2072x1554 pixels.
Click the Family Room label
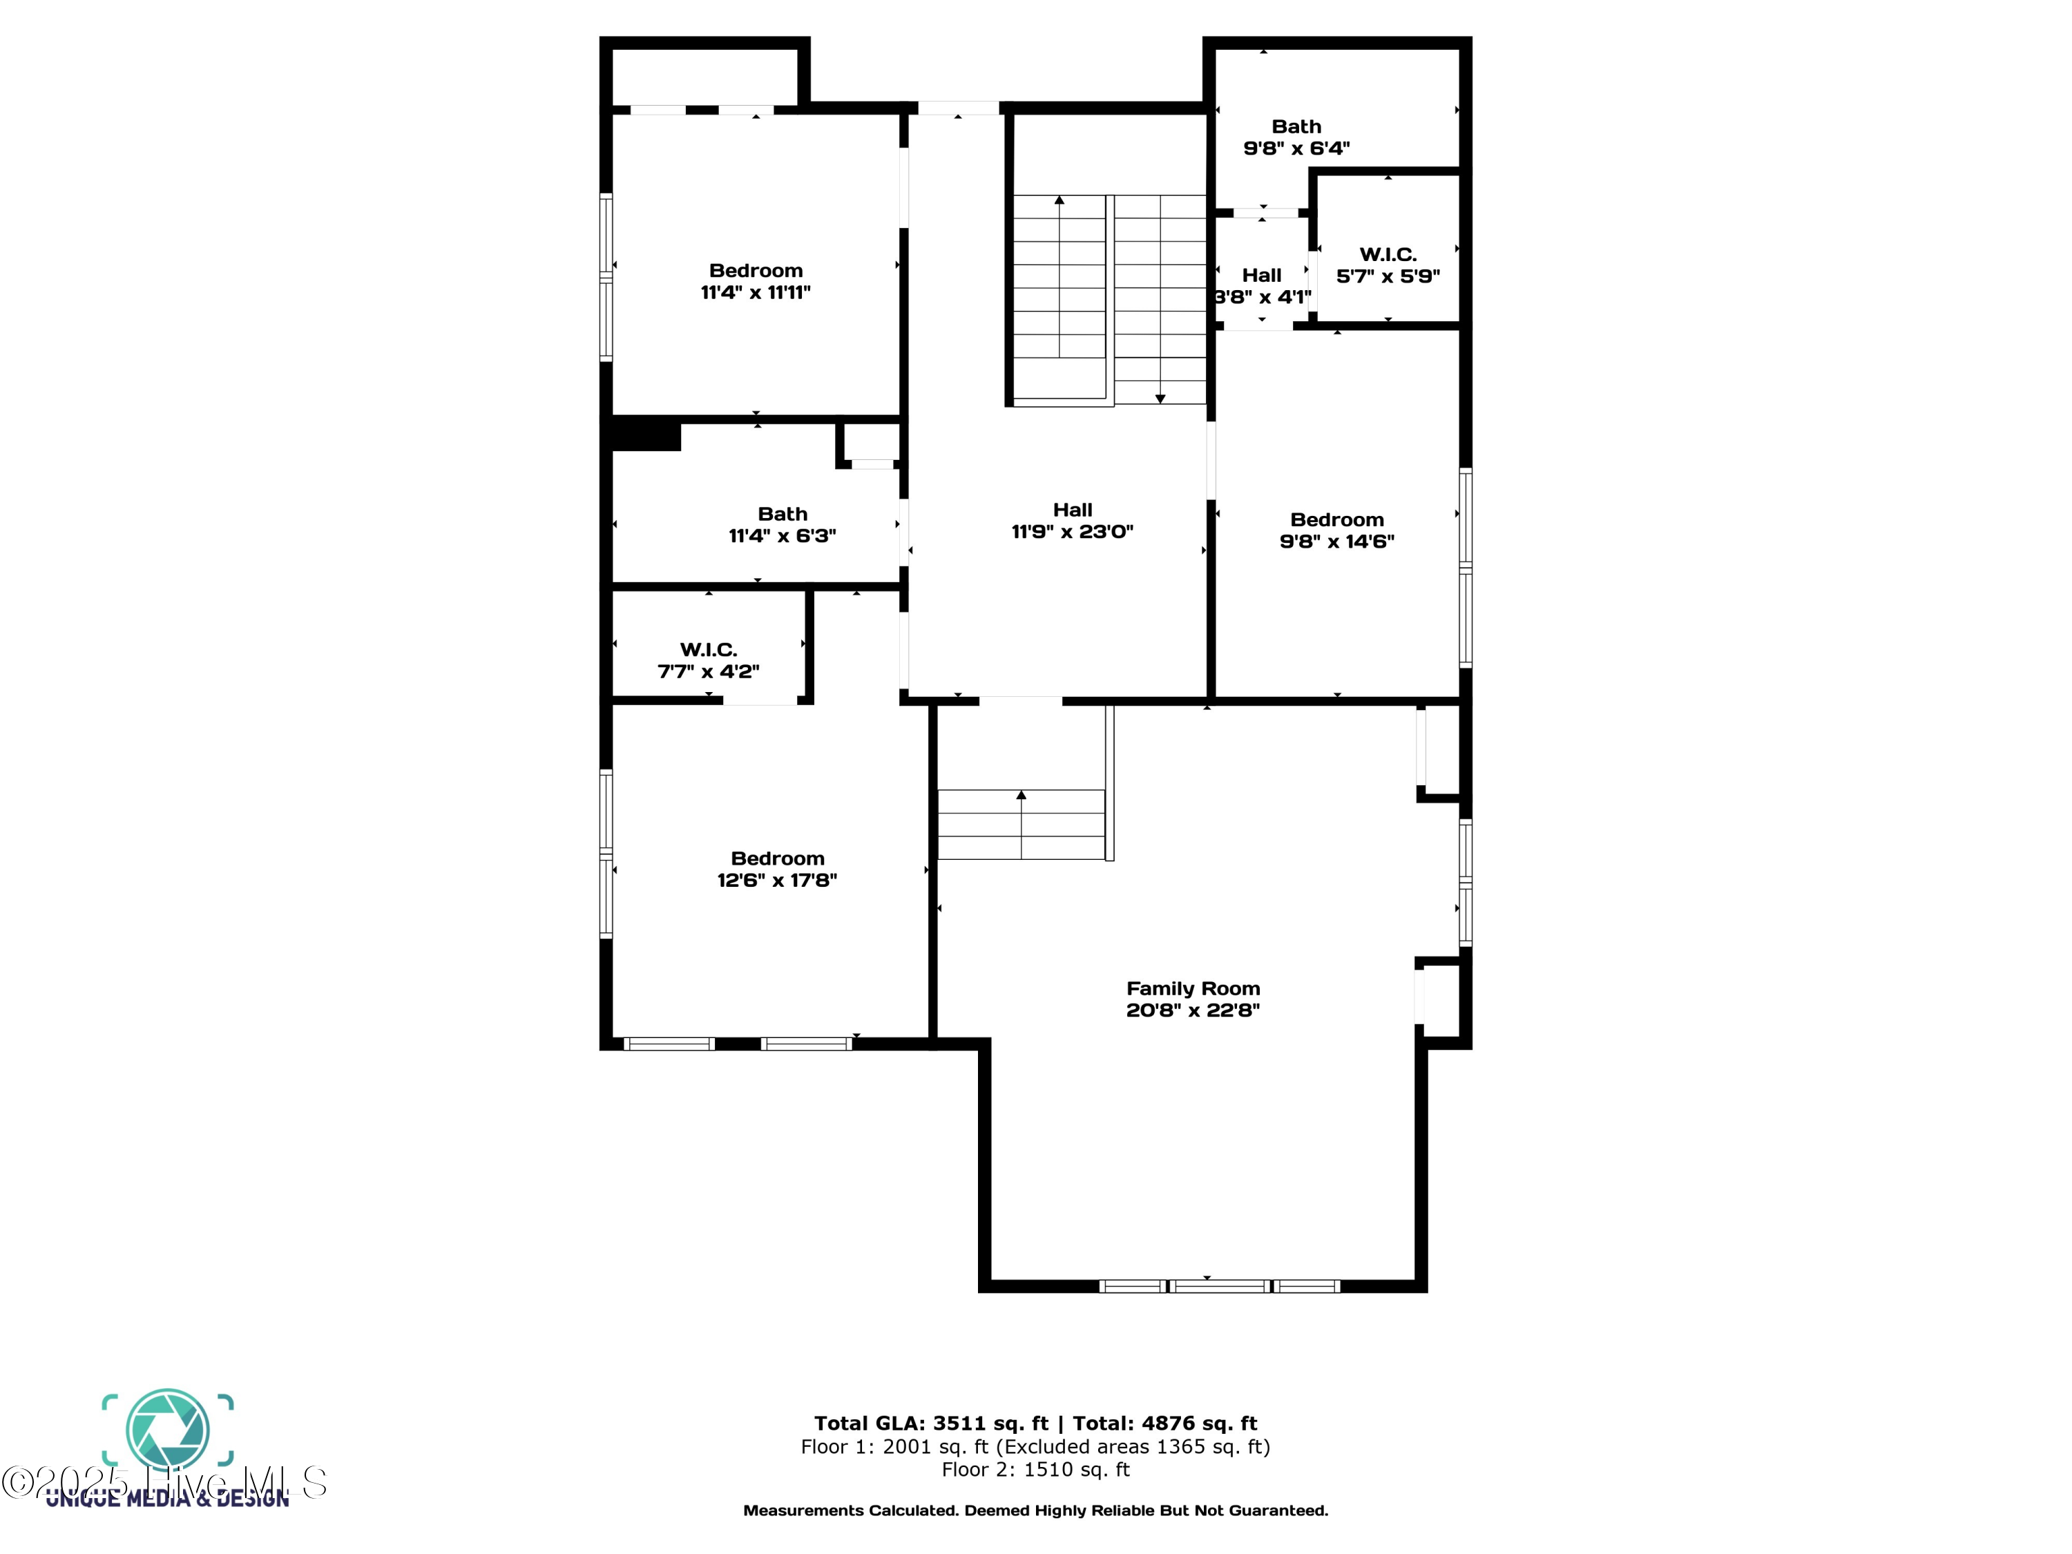point(1192,988)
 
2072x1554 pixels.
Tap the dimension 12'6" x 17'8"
point(776,881)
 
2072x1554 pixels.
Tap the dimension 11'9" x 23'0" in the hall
point(1072,532)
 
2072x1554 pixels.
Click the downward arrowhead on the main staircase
point(1160,399)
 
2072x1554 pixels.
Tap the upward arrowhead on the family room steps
point(1021,795)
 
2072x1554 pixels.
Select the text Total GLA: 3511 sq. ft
point(930,1423)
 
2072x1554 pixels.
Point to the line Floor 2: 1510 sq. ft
point(1035,1470)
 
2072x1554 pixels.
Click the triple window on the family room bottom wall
point(1218,1286)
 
